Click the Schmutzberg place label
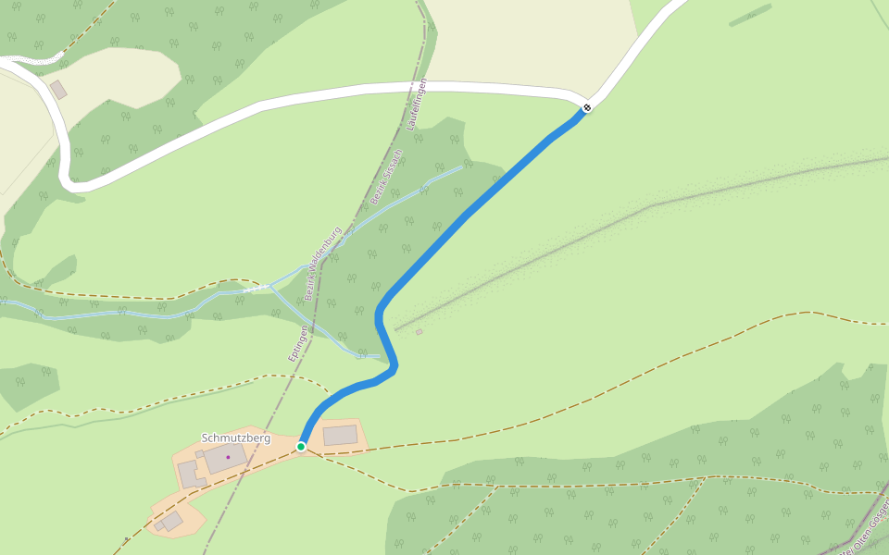(x=236, y=438)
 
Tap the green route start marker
(x=301, y=447)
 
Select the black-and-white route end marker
(x=586, y=108)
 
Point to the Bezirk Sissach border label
(x=386, y=176)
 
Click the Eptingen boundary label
(x=297, y=342)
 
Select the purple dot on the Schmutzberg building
(x=228, y=457)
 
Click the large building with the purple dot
(x=225, y=458)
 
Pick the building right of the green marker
(x=340, y=435)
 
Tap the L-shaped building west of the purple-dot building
(x=189, y=474)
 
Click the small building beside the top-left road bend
(x=58, y=90)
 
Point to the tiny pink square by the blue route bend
(x=419, y=332)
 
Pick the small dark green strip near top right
(x=749, y=16)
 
